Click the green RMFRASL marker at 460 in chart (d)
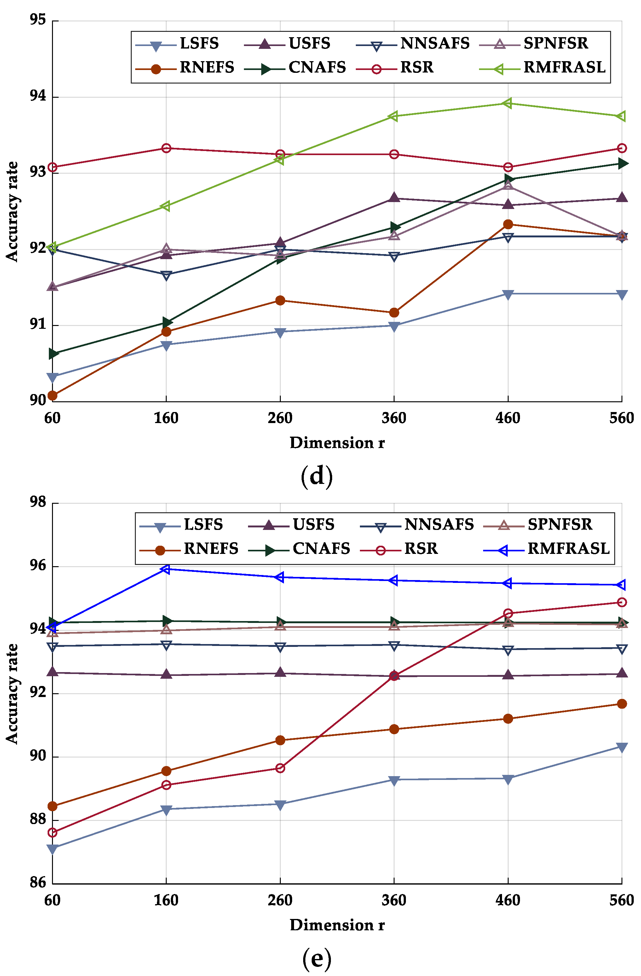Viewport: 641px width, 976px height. click(508, 103)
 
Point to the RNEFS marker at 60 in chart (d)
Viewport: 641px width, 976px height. click(52, 395)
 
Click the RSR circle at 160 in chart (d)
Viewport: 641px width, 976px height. click(166, 148)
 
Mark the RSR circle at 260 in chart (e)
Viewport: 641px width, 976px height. click(280, 768)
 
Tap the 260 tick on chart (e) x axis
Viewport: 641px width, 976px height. click(280, 901)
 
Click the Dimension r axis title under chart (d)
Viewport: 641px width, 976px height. click(337, 443)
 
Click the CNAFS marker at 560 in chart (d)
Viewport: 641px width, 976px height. click(622, 164)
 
